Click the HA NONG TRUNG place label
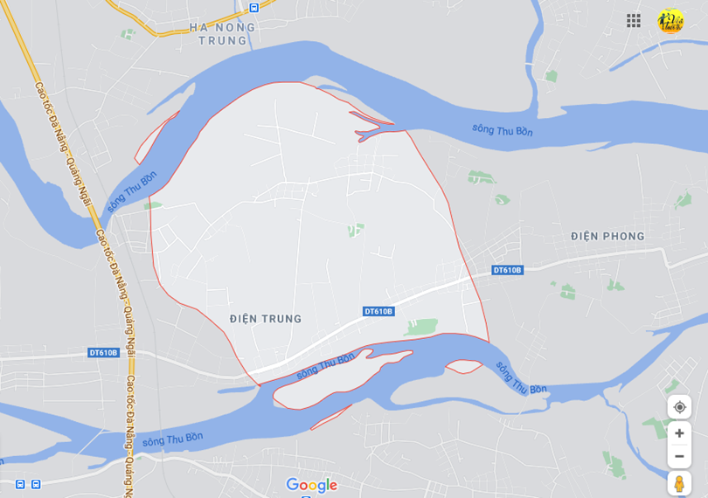pos(223,33)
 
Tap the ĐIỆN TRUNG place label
pos(266,319)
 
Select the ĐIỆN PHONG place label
pos(607,236)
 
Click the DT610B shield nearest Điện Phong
pos(507,270)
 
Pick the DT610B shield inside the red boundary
pos(378,311)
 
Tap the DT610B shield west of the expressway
pos(103,353)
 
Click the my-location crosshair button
pos(679,407)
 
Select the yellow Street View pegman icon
pos(679,483)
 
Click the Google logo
pos(311,485)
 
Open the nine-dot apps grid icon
pos(634,20)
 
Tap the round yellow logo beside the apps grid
pos(670,21)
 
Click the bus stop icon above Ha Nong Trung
pos(253,8)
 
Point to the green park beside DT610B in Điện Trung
pos(421,327)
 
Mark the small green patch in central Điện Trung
pos(354,230)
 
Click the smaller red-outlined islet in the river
pos(464,367)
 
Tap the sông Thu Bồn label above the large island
pos(325,365)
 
